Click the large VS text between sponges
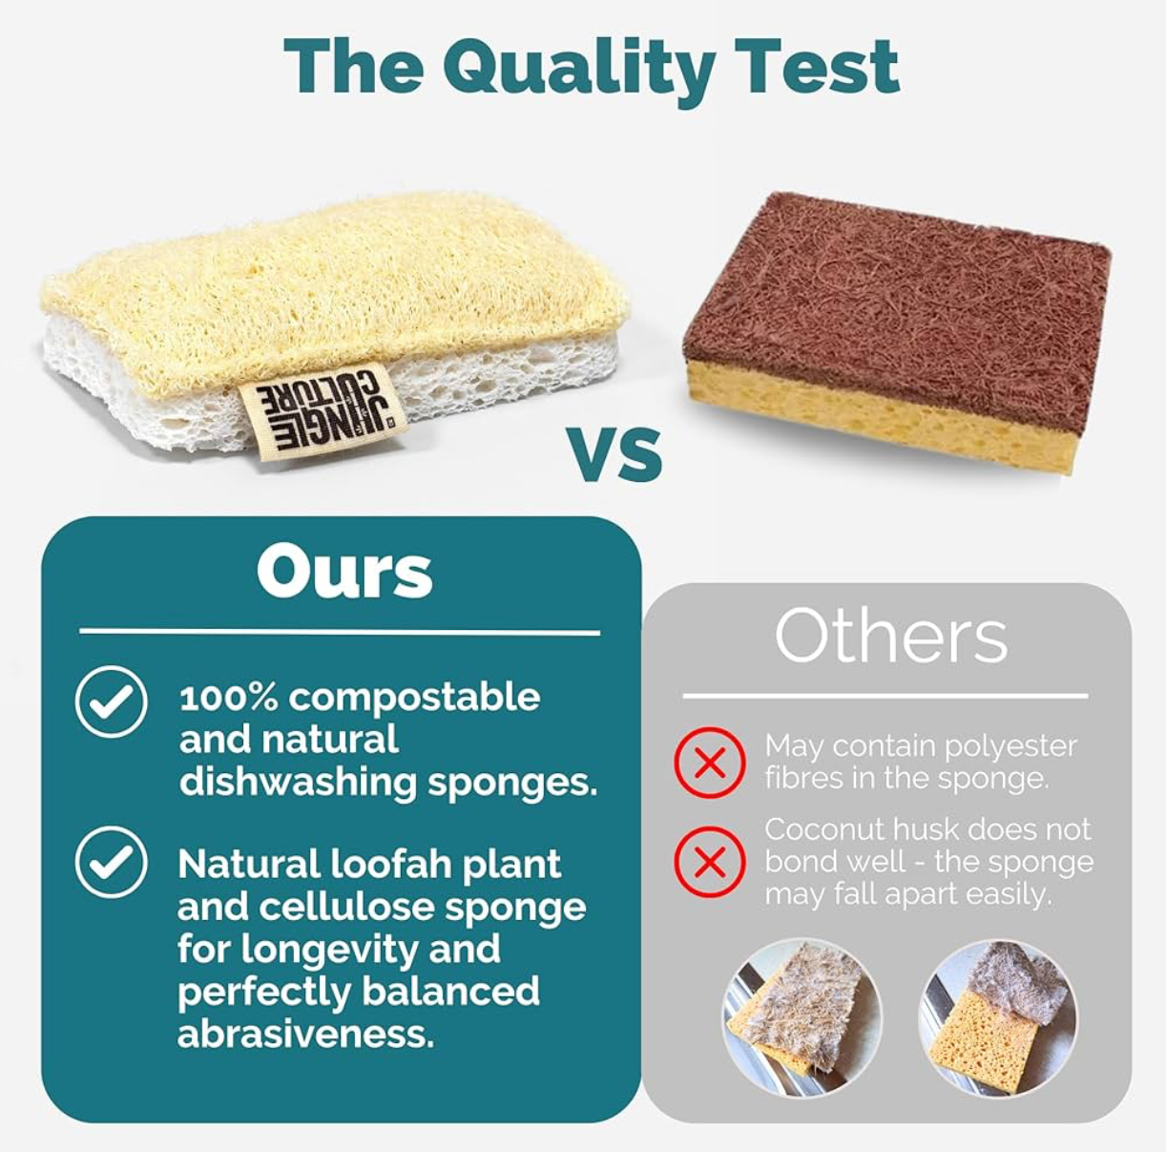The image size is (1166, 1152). click(x=614, y=454)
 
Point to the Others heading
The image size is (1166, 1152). click(x=891, y=637)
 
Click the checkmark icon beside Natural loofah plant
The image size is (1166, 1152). click(x=112, y=862)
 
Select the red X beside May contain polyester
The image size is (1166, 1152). click(x=710, y=763)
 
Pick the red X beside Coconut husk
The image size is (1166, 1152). click(x=710, y=862)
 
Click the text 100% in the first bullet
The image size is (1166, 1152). click(x=229, y=698)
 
